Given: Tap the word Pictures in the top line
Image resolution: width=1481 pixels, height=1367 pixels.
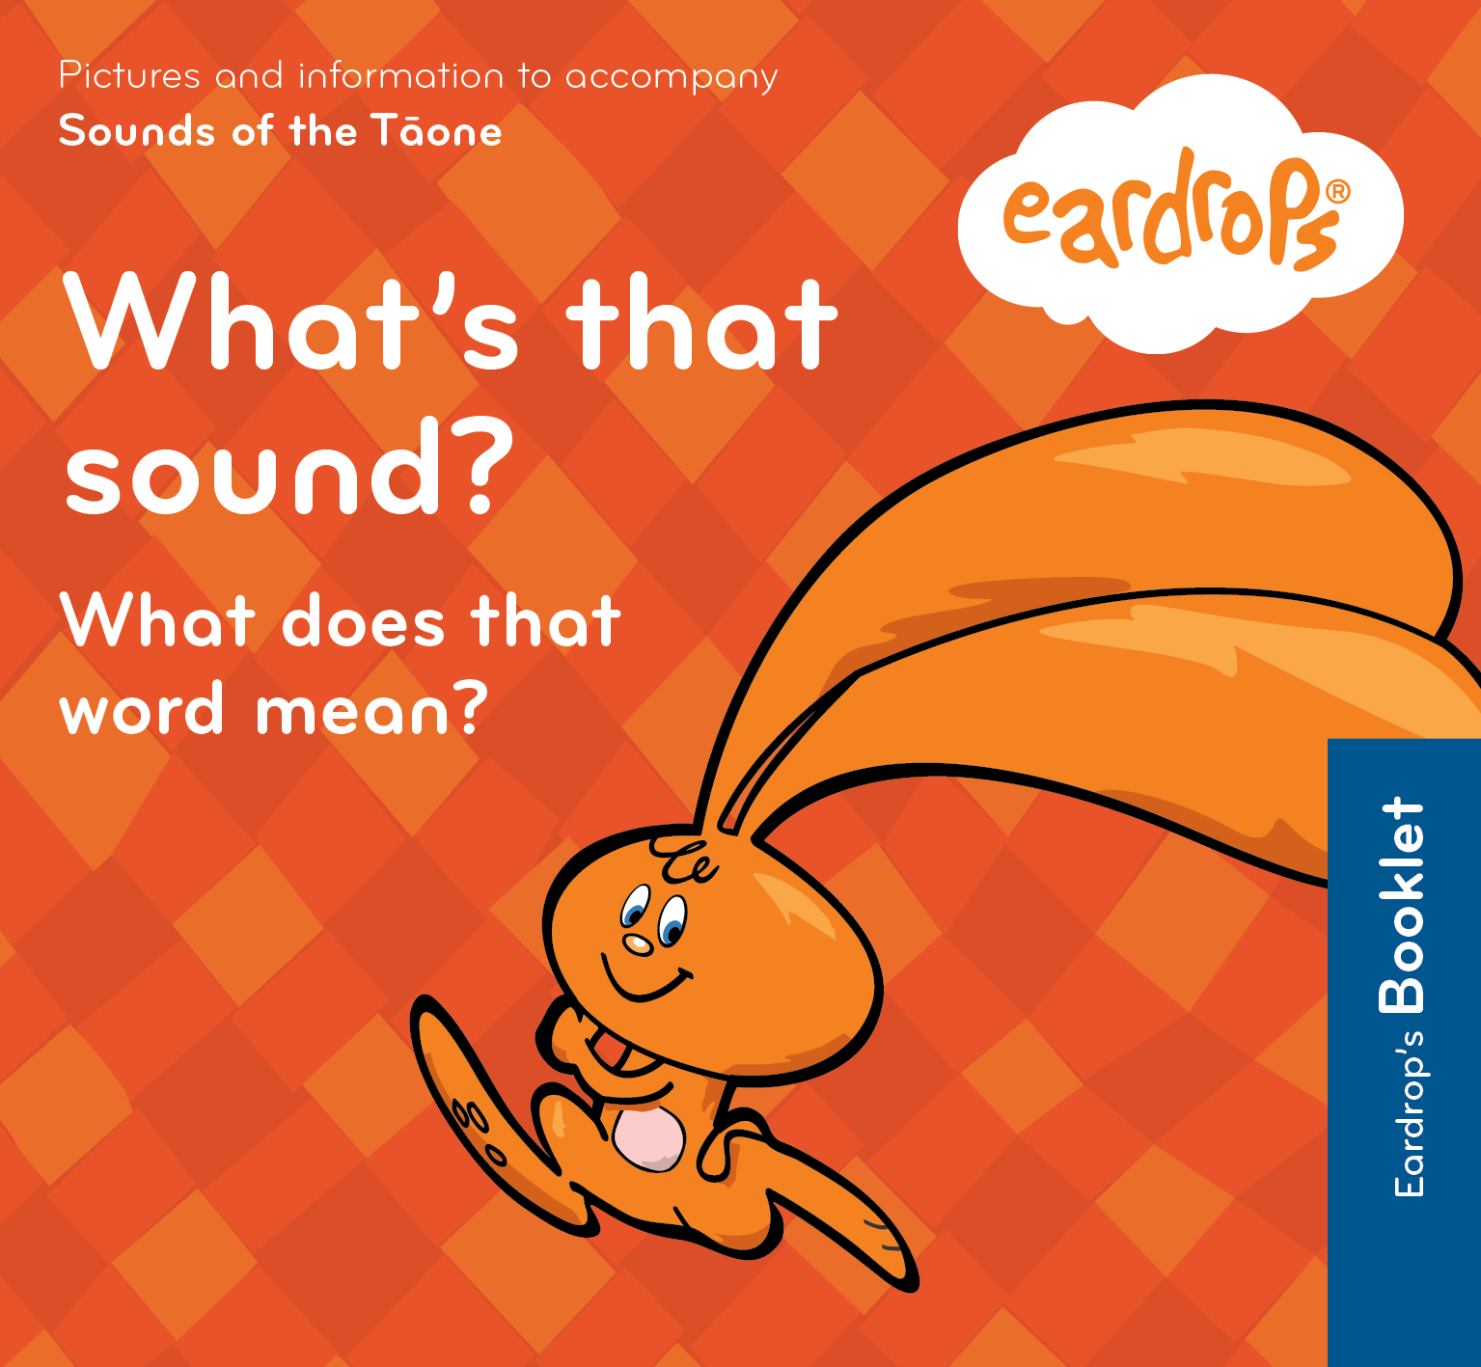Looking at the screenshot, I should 129,76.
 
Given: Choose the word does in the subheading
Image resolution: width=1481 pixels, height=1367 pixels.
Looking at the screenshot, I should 363,622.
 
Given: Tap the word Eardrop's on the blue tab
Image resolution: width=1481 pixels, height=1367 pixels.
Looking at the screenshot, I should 1410,1114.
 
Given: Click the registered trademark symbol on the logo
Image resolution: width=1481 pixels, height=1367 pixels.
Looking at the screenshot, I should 1337,191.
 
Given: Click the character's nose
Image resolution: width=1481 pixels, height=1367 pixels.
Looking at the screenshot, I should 637,943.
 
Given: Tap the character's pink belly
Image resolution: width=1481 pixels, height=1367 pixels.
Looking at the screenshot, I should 648,1138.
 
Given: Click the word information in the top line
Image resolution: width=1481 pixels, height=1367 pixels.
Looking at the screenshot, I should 400,76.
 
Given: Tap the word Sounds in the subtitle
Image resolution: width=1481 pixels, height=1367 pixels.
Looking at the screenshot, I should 136,132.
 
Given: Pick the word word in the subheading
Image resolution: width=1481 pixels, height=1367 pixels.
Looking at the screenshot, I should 142,711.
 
